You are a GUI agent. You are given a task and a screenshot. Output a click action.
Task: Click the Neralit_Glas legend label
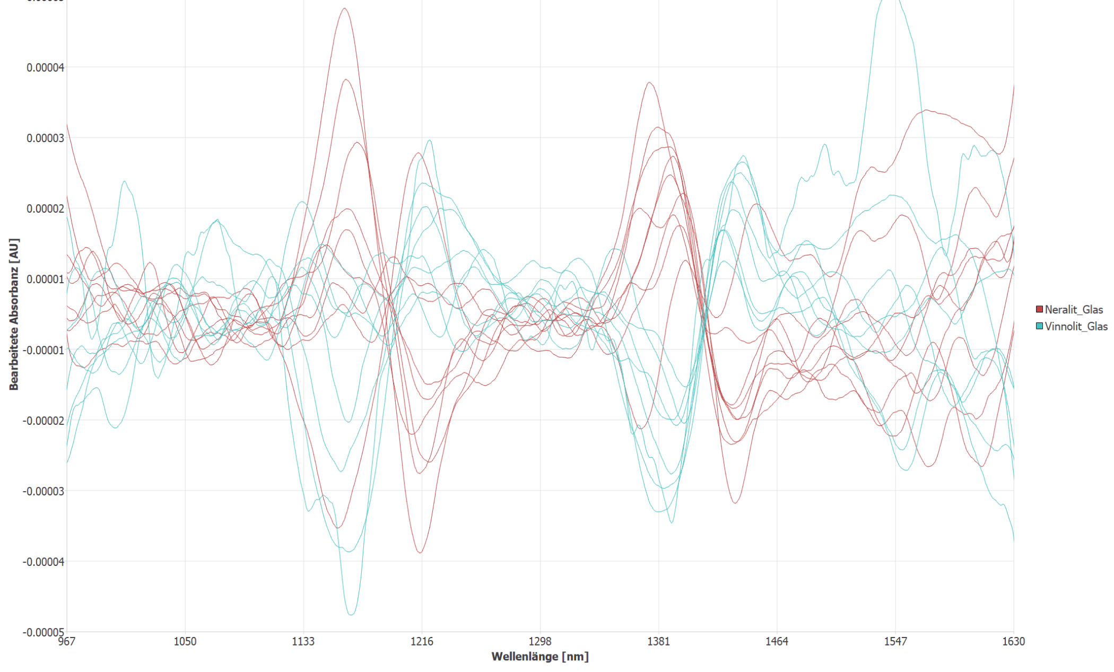tap(1074, 310)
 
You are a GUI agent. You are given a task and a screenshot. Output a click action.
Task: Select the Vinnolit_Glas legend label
tap(1076, 326)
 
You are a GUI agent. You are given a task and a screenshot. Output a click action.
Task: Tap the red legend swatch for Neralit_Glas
tap(1039, 309)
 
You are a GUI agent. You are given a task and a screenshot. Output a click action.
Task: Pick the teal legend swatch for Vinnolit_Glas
tap(1039, 326)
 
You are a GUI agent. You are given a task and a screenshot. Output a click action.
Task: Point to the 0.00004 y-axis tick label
tap(45, 67)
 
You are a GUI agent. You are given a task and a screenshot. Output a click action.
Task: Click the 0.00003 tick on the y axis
tap(45, 138)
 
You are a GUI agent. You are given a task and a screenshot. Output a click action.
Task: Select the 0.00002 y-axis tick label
tap(45, 208)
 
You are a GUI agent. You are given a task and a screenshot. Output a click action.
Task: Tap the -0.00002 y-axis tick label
tap(43, 421)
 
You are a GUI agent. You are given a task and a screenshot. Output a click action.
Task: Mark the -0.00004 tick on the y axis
tap(43, 562)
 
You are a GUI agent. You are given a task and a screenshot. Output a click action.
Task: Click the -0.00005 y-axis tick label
tap(43, 632)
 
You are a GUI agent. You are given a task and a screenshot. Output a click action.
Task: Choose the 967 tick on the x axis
tap(67, 642)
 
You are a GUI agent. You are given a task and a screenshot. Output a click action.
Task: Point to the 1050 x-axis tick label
tap(185, 642)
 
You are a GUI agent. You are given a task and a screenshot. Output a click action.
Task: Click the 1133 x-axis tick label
tap(303, 642)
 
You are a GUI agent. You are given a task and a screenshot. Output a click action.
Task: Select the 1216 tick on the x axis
tap(422, 642)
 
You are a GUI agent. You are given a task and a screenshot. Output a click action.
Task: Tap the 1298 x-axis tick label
tap(540, 642)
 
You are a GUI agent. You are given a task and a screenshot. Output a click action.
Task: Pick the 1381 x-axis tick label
tap(658, 642)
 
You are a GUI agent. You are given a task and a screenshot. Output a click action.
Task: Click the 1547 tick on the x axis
tap(895, 642)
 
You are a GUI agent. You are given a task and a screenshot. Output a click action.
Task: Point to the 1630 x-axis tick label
tap(1013, 642)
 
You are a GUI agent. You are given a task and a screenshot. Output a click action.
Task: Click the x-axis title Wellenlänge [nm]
tap(540, 657)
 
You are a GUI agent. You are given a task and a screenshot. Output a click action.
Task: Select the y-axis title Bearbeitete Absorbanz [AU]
tap(14, 315)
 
